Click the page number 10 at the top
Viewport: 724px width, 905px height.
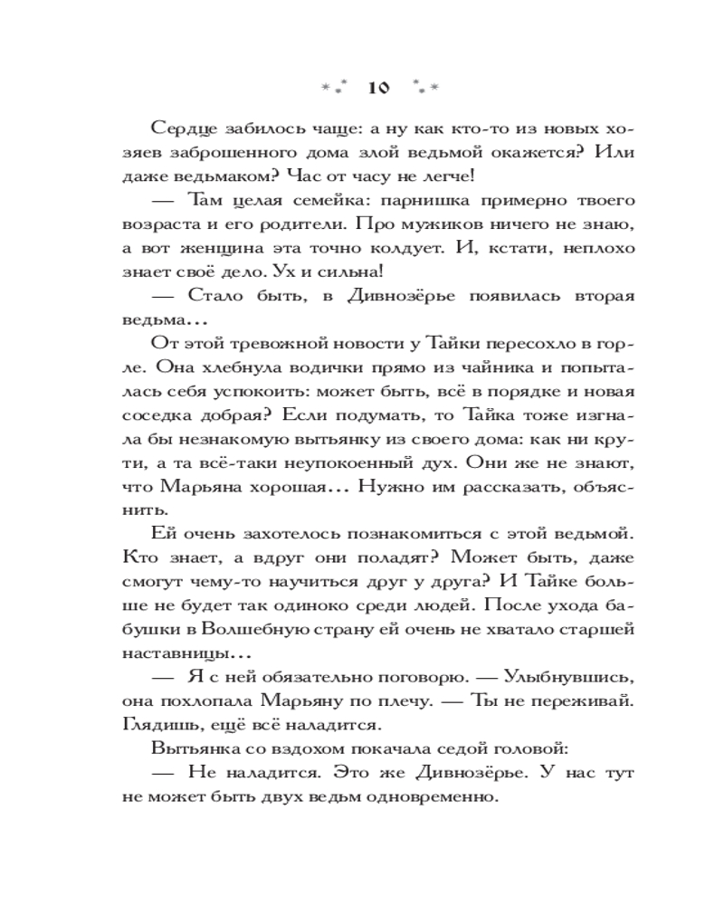click(x=377, y=88)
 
